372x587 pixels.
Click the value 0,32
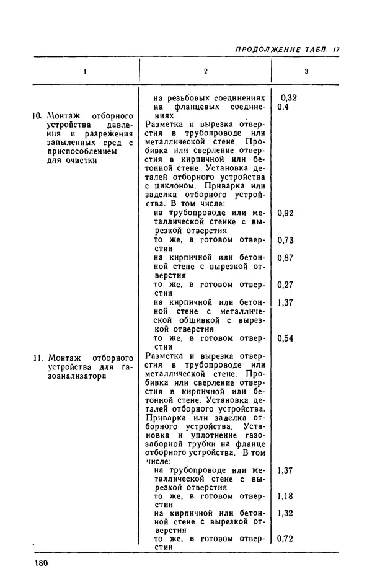pyautogui.click(x=289, y=98)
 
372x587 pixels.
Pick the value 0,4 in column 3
pyautogui.click(x=284, y=107)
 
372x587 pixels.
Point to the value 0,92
pyautogui.click(x=286, y=213)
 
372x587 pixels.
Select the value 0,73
pyautogui.click(x=286, y=240)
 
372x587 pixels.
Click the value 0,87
pyautogui.click(x=286, y=258)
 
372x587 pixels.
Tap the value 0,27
pyautogui.click(x=286, y=285)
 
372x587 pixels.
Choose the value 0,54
pyautogui.click(x=286, y=338)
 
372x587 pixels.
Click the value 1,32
pyautogui.click(x=286, y=513)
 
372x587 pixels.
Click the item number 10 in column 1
pyautogui.click(x=36, y=116)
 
